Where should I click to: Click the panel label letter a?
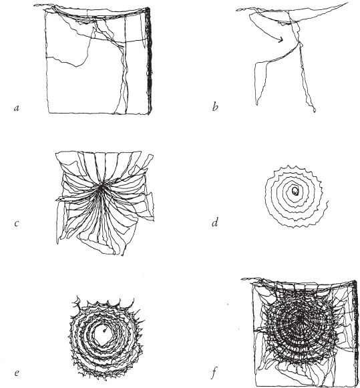(17, 108)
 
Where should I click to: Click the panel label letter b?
(215, 107)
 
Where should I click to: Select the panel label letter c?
(17, 224)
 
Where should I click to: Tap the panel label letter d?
(215, 223)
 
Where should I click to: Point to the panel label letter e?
(17, 373)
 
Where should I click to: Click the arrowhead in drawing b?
(281, 39)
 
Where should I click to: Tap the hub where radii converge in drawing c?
(102, 187)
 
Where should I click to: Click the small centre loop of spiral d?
(295, 191)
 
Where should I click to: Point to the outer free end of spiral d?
(328, 202)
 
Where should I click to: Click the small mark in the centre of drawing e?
(105, 330)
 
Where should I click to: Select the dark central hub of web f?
(300, 319)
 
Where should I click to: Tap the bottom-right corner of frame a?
(149, 114)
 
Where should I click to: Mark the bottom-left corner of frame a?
(49, 113)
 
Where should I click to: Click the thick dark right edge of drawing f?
(357, 332)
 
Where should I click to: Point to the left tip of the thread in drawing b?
(237, 10)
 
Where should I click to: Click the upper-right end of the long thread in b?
(347, 3)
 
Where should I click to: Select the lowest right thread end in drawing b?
(315, 112)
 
